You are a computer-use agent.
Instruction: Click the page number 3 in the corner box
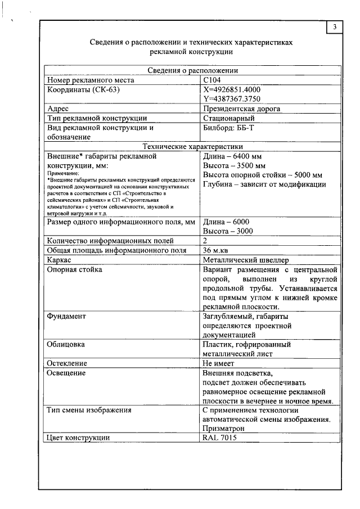click(335, 28)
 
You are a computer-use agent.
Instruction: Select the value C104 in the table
click(213, 80)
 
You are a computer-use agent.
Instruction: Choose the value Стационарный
click(228, 118)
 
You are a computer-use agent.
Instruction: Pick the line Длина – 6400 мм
click(232, 156)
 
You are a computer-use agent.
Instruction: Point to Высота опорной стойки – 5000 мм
click(262, 175)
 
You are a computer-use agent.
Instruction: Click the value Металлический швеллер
click(245, 260)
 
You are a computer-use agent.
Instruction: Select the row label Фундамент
click(66, 317)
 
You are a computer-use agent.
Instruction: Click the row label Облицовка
click(66, 344)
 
